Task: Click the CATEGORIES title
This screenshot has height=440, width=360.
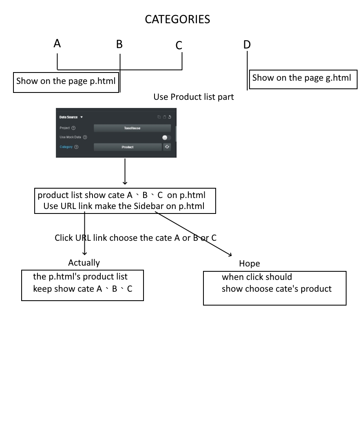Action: click(177, 20)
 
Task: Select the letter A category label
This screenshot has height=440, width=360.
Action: click(57, 44)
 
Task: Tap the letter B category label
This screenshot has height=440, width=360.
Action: click(119, 44)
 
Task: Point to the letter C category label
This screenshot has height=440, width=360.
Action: click(179, 45)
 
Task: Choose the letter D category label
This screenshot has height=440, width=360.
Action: click(247, 45)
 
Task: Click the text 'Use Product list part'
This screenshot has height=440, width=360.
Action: click(194, 97)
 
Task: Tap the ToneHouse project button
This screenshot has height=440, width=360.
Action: click(132, 128)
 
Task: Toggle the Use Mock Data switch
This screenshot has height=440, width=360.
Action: click(166, 137)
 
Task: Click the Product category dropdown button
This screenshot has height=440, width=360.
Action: click(128, 147)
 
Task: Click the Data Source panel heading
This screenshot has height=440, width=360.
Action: click(68, 117)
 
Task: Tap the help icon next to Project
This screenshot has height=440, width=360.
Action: click(73, 128)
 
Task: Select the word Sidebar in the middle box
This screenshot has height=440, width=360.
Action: click(148, 206)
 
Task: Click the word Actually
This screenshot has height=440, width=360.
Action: click(84, 263)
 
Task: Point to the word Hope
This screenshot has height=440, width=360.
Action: click(250, 264)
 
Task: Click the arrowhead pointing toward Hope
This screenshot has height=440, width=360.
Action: click(230, 255)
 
